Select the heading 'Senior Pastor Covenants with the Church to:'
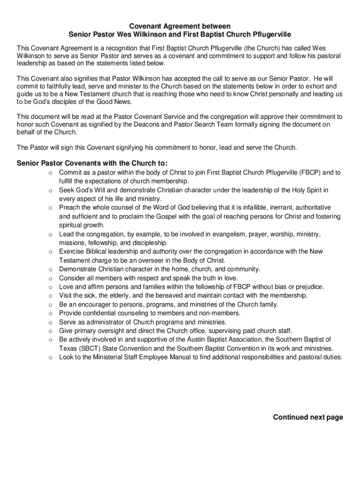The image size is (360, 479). tap(92, 163)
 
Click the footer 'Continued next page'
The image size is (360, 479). tap(308, 417)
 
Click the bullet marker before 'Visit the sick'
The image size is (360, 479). tap(49, 296)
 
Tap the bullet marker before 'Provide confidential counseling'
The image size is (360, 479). tap(49, 313)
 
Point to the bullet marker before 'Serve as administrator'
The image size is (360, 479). tap(49, 322)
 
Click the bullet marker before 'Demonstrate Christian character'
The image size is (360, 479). tap(49, 269)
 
